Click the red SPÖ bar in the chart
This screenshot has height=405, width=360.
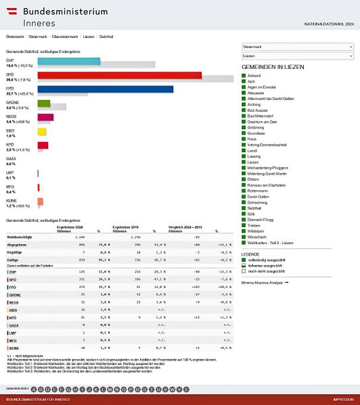(x=119, y=76)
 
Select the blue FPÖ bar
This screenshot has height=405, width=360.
(x=105, y=89)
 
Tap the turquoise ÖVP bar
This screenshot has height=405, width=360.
(x=68, y=62)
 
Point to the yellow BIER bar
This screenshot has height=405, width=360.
(x=41, y=131)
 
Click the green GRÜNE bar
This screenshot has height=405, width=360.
(x=43, y=103)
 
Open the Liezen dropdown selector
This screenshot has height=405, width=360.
(x=297, y=56)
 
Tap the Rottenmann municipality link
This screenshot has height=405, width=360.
(x=261, y=190)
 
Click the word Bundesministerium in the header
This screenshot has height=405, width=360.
(x=65, y=11)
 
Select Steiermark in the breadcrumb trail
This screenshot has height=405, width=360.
(x=37, y=36)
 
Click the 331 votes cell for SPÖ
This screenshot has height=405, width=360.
(x=62, y=278)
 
